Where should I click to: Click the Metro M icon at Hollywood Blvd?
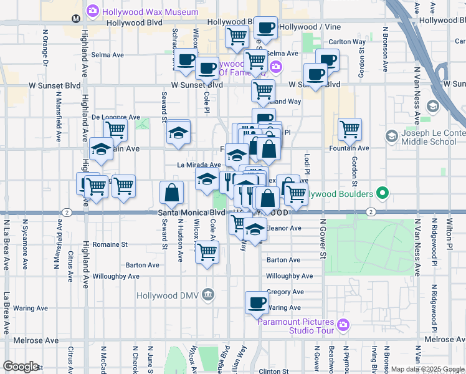point(75,19)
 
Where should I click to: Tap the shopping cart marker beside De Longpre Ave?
point(115,130)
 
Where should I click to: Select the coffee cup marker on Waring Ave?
point(256,303)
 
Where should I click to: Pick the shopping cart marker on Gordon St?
point(350,129)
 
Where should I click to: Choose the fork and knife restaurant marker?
point(229,181)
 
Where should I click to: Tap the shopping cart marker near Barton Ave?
point(207,252)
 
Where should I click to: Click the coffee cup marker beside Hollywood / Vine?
point(266,27)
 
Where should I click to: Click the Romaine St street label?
point(110,244)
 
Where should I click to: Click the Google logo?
point(21,367)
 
